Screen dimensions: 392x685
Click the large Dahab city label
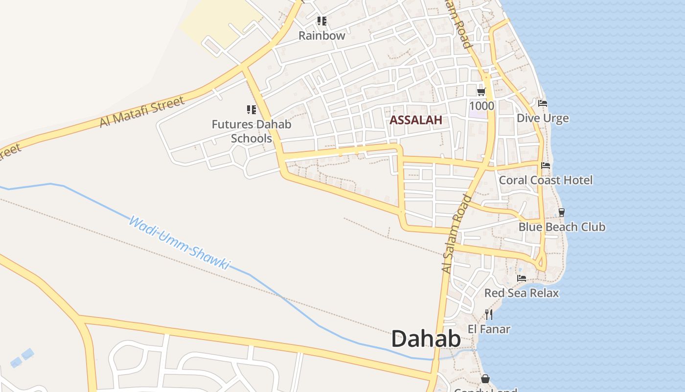pos(426,339)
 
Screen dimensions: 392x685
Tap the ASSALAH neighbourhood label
pos(416,120)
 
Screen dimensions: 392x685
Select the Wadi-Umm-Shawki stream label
pos(179,243)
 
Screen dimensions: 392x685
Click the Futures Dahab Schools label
pos(251,131)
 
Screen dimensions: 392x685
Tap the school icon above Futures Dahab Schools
pos(251,110)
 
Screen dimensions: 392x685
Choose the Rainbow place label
pos(322,36)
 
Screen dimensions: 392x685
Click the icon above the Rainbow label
pos(321,21)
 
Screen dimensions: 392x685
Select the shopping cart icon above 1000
pos(481,92)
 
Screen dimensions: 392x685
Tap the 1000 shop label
pos(481,106)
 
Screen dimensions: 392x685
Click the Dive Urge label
pos(543,118)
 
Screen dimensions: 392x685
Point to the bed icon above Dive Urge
pos(543,103)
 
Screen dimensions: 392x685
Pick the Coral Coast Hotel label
pos(546,180)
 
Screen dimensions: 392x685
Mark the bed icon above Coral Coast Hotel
pos(546,166)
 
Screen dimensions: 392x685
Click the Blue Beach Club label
pos(562,227)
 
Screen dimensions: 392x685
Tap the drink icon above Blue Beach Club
pos(562,213)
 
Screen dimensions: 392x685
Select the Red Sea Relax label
pos(522,293)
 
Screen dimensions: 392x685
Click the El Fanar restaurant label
pos(489,329)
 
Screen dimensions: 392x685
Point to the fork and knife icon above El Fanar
pos(489,314)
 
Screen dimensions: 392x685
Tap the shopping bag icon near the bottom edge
pos(485,379)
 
